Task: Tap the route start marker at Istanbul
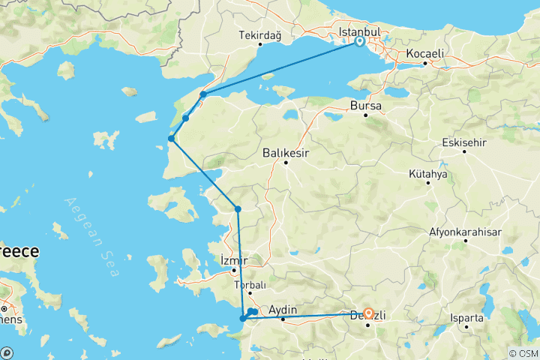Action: pyautogui.click(x=360, y=42)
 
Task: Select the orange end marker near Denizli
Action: pyautogui.click(x=368, y=314)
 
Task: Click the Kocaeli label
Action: pyautogui.click(x=425, y=54)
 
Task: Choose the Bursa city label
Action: pyautogui.click(x=366, y=106)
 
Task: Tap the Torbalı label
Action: pyautogui.click(x=250, y=286)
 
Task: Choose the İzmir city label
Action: pyautogui.click(x=232, y=260)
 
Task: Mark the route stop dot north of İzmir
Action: pyautogui.click(x=238, y=209)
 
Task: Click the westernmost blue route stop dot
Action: pyautogui.click(x=172, y=139)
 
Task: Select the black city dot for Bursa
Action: pyautogui.click(x=366, y=116)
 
